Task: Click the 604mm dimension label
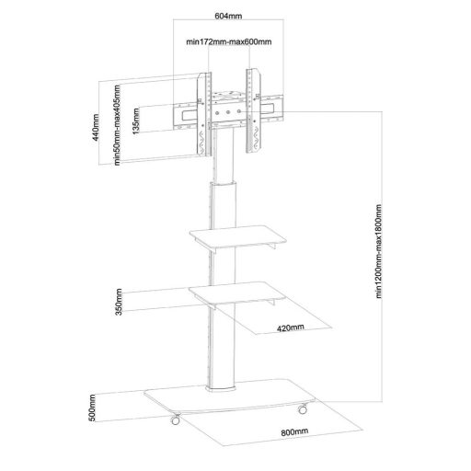coord(228,16)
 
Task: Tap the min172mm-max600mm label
coord(229,41)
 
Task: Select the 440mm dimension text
coord(96,128)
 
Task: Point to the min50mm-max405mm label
coord(117,125)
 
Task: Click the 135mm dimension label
coord(136,121)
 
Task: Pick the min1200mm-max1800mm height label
coord(379,251)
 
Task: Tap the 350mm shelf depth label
coord(119,302)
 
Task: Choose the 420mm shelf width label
coord(291,327)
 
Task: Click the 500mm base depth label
coord(92,408)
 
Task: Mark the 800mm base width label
coord(294,432)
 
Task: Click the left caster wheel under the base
coord(176,419)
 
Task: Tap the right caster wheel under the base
coord(303,408)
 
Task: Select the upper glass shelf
coord(238,236)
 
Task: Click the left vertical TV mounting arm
coord(204,115)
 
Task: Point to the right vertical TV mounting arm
coord(253,110)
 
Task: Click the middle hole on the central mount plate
coord(228,112)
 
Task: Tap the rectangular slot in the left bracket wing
coord(188,115)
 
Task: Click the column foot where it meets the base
coord(221,388)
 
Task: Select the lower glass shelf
coord(237,293)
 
